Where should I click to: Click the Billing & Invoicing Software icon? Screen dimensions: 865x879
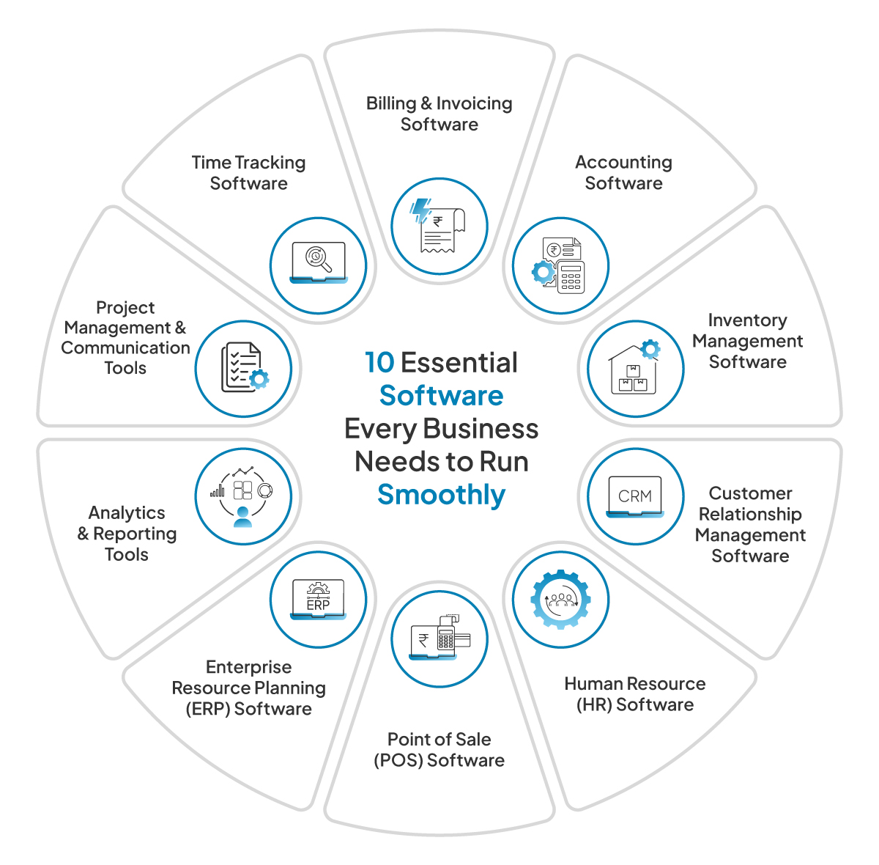439,227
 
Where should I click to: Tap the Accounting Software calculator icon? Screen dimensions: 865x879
560,265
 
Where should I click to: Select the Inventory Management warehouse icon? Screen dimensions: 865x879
635,368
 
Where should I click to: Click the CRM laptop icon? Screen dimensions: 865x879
635,497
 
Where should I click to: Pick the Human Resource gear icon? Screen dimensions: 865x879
560,600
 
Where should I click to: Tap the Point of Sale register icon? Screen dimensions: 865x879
439,638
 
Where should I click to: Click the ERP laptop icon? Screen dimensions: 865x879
318,600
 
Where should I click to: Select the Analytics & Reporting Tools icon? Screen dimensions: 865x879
243,497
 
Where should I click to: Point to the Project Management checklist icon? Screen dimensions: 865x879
243,368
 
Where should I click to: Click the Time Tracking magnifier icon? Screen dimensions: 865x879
318,265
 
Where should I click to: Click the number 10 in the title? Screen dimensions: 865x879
379,363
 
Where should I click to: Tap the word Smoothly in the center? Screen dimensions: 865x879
441,495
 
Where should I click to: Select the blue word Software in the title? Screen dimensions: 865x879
441,396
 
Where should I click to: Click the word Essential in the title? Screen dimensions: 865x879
459,363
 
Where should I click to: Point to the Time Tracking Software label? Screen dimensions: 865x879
248,173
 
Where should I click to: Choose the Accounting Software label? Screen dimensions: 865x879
623,173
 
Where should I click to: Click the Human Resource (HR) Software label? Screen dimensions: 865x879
634,694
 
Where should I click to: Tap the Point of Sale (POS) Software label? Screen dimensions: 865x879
439,749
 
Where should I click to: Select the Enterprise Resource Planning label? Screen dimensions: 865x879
248,688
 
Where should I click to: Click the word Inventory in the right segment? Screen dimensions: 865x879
747,320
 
